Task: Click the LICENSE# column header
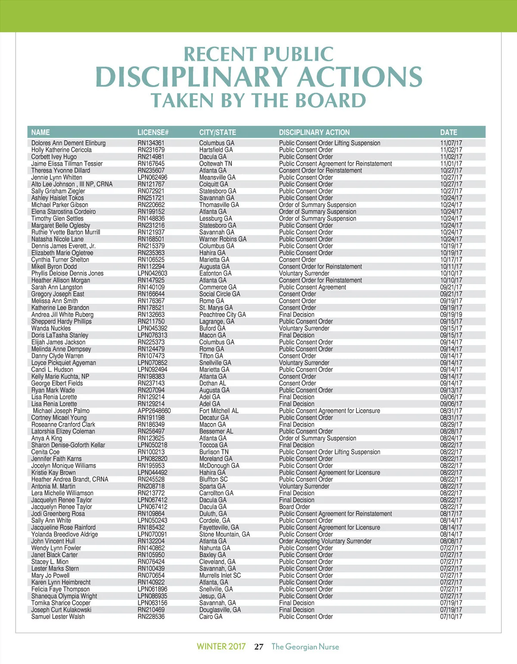[x=153, y=132]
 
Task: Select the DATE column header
[x=448, y=132]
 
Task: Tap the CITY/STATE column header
[x=218, y=132]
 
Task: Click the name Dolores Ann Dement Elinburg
[x=68, y=143]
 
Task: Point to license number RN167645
[x=151, y=164]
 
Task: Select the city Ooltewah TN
[x=215, y=164]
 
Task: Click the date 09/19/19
[x=451, y=315]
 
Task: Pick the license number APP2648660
[x=154, y=411]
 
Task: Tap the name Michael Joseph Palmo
[x=61, y=411]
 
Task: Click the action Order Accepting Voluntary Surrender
[x=325, y=541]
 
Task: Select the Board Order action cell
[x=294, y=507]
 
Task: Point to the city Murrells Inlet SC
[x=220, y=576]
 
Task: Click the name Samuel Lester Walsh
[x=58, y=617]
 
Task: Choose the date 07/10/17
[x=451, y=617]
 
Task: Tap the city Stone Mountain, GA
[x=224, y=534]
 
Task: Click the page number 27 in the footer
[x=258, y=647]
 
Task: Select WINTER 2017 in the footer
[x=221, y=647]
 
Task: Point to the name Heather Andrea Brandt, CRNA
[x=69, y=479]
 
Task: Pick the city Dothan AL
[x=212, y=383]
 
